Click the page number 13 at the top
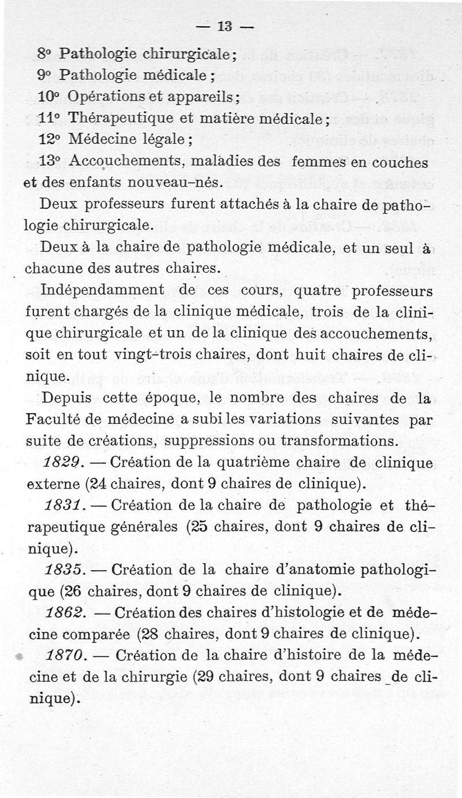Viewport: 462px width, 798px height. coord(224,26)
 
